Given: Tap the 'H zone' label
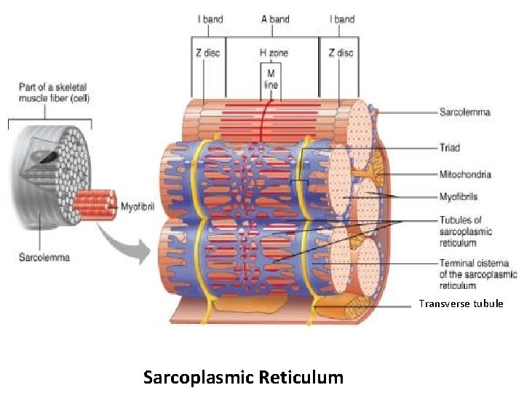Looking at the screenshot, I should [x=274, y=52].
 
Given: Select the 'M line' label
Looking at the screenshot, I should [x=271, y=79].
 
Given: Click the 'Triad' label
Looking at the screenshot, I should [x=450, y=148].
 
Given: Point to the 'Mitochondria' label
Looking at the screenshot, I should [x=465, y=175].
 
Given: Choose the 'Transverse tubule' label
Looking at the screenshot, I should [x=460, y=303].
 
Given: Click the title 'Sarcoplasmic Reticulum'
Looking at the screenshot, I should [x=243, y=377].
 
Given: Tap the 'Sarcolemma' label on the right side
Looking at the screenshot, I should [x=464, y=112].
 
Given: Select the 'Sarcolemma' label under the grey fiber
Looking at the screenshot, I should [x=44, y=258].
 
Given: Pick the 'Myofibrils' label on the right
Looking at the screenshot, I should [x=458, y=196].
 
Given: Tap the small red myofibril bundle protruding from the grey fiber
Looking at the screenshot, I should [x=95, y=205].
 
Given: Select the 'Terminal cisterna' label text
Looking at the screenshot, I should [x=477, y=274].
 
